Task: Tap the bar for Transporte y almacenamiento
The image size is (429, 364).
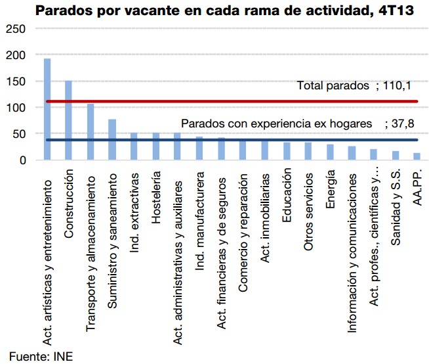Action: (91, 131)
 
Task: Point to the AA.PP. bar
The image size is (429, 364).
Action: (417, 156)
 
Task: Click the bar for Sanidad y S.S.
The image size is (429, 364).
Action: (395, 156)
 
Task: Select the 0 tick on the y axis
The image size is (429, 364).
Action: (22, 160)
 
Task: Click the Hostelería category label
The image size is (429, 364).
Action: (155, 197)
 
